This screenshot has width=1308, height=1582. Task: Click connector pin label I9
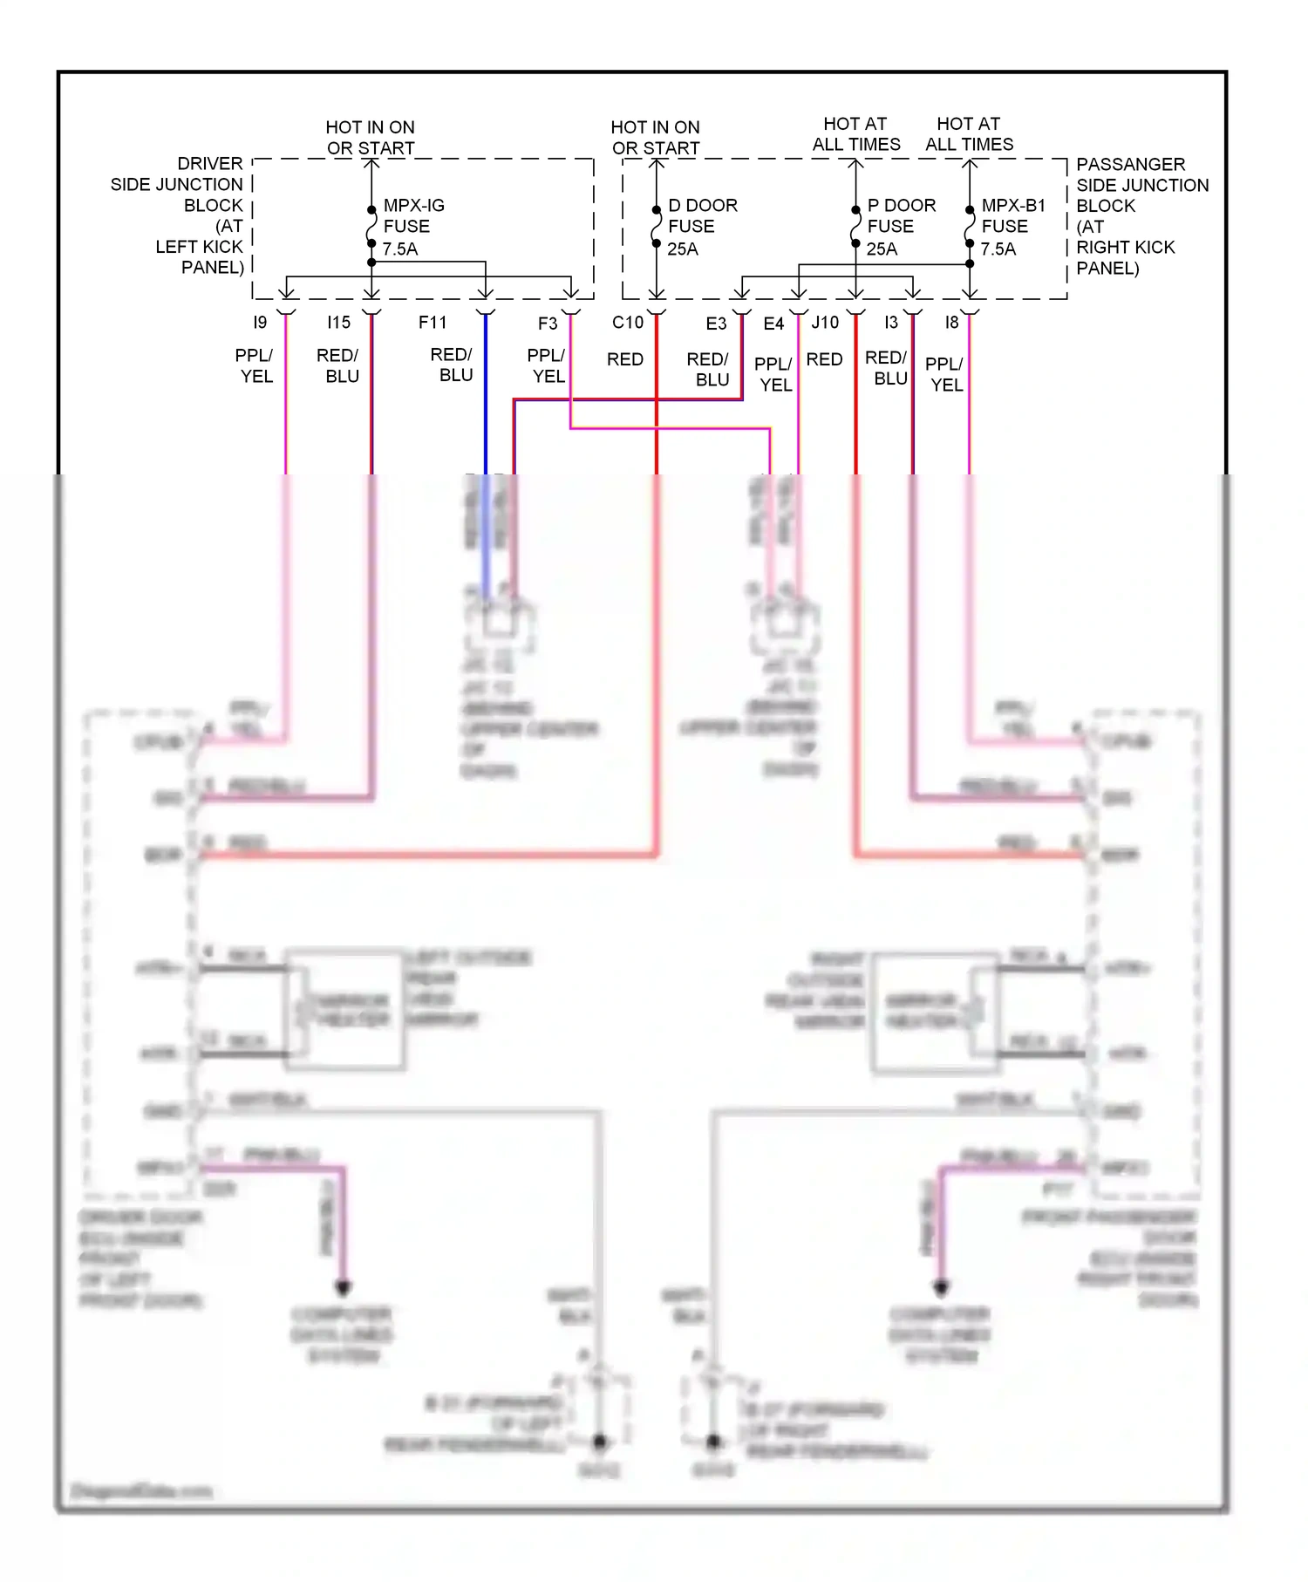[260, 323]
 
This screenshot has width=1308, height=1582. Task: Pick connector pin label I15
[338, 323]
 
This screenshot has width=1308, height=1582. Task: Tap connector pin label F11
[433, 323]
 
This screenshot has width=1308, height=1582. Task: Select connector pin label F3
[548, 324]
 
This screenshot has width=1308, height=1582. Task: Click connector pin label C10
[628, 323]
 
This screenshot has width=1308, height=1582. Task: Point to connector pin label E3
[716, 324]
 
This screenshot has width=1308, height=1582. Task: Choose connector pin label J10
[825, 323]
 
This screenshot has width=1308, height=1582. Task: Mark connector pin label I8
[951, 323]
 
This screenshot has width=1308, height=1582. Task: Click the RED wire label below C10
[625, 359]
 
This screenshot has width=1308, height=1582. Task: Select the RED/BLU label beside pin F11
[452, 365]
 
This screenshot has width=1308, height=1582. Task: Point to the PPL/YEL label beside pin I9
[255, 365]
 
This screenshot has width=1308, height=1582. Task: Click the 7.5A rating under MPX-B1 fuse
[998, 249]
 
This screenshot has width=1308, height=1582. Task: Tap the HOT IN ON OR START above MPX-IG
[371, 137]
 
